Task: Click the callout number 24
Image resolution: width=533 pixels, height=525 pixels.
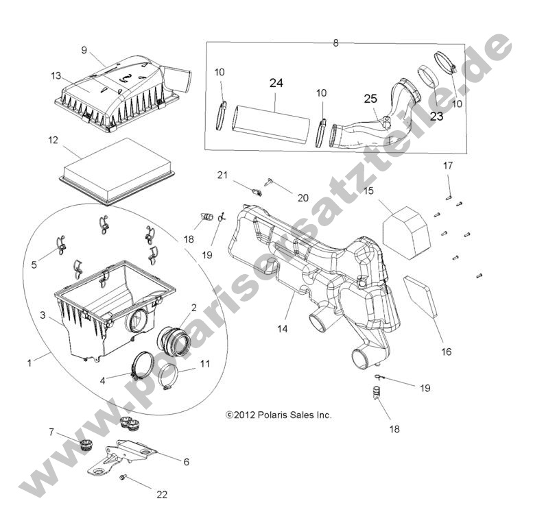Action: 276,84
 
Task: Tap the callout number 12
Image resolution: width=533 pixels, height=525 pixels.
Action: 52,141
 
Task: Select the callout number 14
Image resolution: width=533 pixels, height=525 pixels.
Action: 282,328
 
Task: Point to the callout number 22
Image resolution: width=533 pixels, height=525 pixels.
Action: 161,493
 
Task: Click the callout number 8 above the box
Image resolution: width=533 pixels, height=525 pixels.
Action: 335,42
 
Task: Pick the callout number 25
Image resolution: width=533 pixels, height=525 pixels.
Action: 370,99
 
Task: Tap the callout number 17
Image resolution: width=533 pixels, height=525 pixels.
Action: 447,165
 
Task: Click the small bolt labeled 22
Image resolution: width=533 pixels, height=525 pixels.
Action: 123,477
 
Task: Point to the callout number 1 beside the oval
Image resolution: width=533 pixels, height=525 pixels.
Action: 29,363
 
